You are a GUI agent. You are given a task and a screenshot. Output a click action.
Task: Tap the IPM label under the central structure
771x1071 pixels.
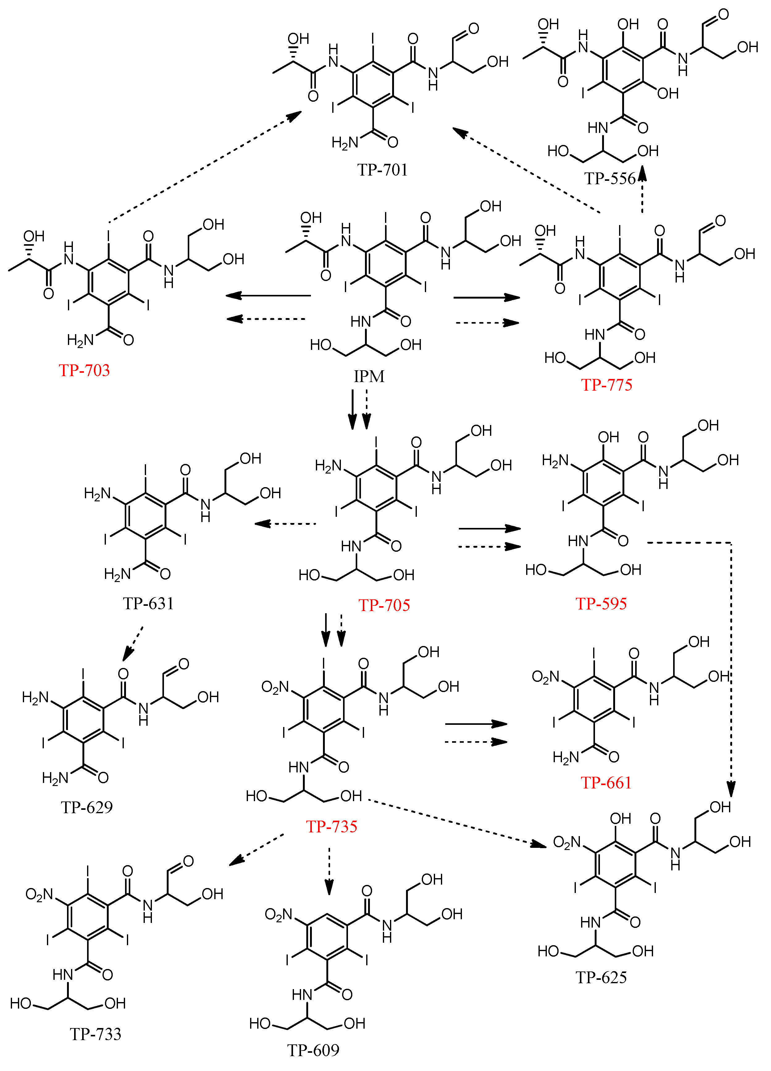(369, 376)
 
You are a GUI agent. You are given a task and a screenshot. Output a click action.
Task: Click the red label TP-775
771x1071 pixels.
(606, 385)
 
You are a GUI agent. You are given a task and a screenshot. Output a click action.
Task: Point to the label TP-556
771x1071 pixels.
(610, 179)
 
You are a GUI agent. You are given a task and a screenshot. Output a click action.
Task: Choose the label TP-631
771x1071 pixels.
(148, 603)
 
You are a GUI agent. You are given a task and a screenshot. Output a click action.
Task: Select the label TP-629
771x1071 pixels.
(87, 807)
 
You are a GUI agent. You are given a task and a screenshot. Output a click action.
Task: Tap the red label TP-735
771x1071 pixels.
(331, 827)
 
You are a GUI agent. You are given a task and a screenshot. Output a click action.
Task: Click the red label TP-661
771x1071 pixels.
(606, 783)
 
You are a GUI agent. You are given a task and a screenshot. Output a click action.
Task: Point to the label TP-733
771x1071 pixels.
(95, 1034)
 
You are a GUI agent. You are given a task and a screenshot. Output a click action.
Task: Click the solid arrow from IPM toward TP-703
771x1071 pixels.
(268, 295)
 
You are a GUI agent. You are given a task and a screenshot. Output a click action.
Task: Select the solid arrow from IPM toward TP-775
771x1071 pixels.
(486, 297)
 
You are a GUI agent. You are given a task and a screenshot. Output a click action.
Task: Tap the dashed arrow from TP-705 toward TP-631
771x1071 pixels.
(286, 523)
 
